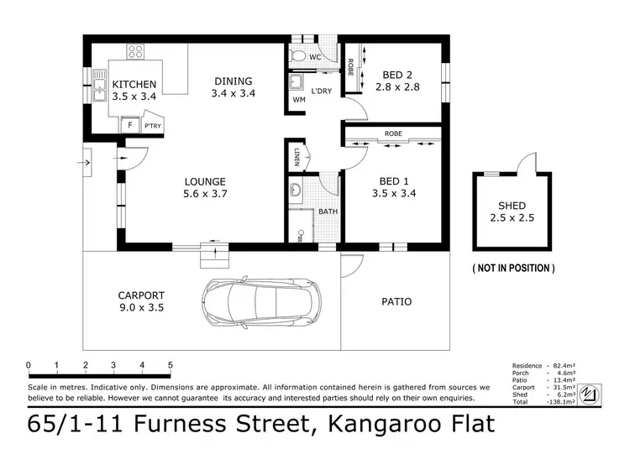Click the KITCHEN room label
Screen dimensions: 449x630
click(x=134, y=84)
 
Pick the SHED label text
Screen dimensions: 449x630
click(x=512, y=206)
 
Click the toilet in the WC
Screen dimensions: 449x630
click(x=297, y=56)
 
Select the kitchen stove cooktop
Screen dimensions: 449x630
click(x=135, y=52)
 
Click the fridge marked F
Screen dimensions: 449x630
click(x=129, y=126)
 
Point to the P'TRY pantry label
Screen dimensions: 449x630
click(x=152, y=127)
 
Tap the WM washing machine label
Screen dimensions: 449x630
click(x=299, y=101)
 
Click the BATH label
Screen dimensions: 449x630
click(x=327, y=211)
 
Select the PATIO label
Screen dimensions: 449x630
click(x=396, y=301)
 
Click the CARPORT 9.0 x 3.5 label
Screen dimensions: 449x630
click(x=140, y=301)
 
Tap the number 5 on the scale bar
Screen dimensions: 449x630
click(x=171, y=365)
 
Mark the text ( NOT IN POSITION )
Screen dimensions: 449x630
click(x=513, y=269)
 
